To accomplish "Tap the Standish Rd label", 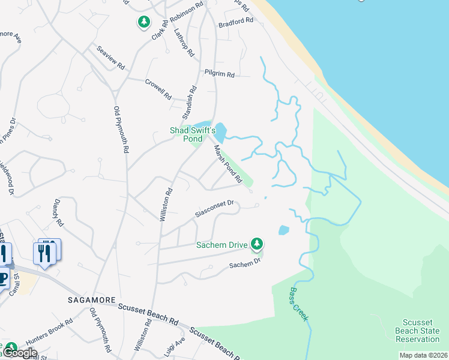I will point(190,101).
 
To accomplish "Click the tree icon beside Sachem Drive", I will point(257,243).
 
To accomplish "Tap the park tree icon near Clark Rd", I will point(144,23).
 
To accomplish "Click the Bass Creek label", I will point(299,304).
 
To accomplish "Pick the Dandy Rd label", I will point(58,212).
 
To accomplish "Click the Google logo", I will point(19,353).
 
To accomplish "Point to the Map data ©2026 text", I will point(423,355).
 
